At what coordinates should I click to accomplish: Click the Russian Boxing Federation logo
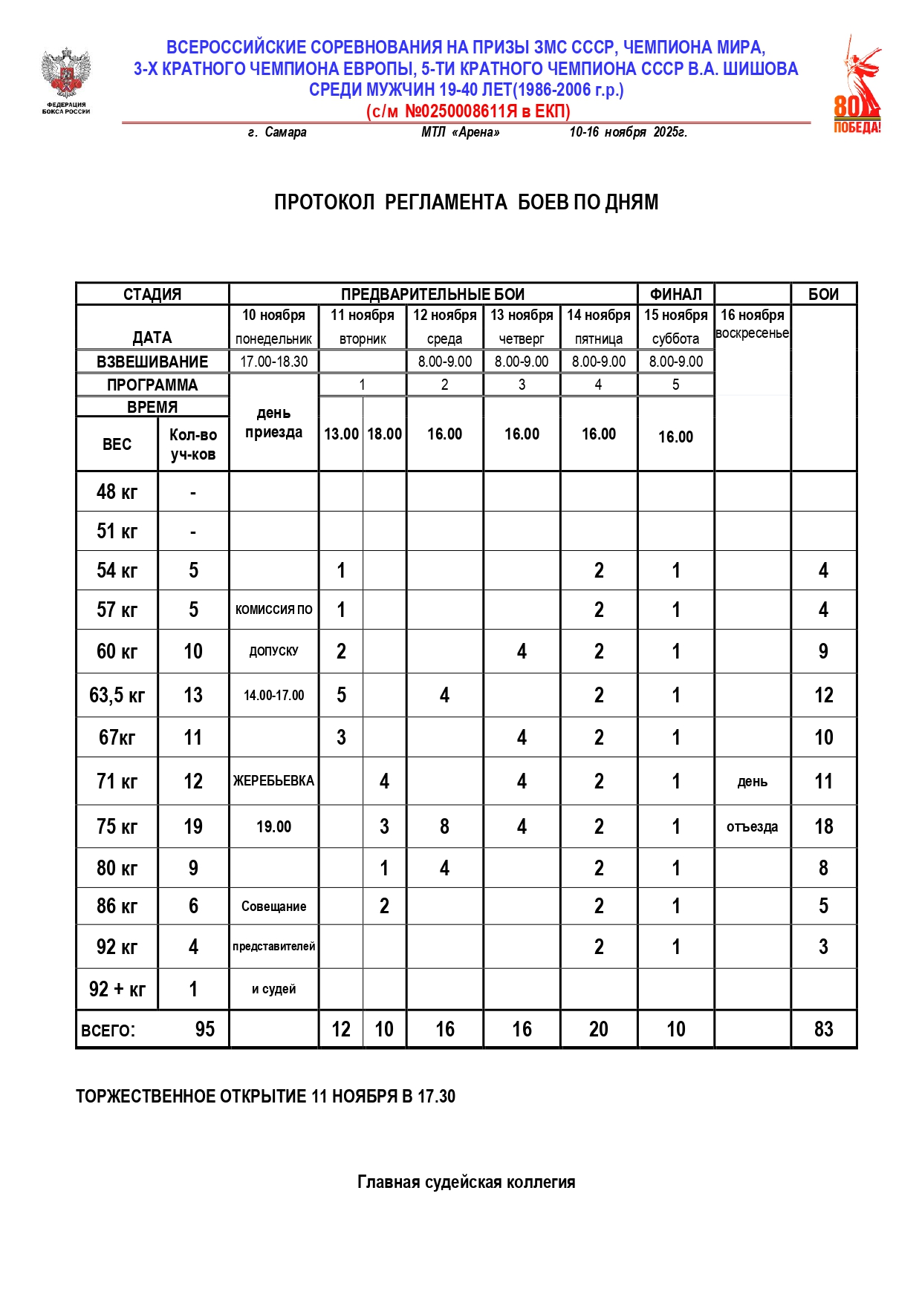[66, 80]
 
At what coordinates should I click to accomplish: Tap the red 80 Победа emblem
[857, 86]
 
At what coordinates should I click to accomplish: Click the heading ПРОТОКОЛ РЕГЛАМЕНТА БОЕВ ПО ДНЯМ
[466, 202]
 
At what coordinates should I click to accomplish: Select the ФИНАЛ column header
[675, 294]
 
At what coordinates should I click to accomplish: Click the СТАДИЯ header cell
[152, 294]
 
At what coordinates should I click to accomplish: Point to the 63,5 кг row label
[117, 696]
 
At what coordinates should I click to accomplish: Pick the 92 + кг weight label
[117, 989]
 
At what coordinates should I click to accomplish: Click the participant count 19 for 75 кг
[193, 826]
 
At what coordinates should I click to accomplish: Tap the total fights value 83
[823, 1029]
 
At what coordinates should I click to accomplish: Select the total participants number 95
[204, 1029]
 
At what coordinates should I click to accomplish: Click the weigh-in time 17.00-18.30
[273, 362]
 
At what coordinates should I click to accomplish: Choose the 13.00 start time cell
[341, 434]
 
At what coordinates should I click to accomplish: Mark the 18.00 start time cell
[384, 434]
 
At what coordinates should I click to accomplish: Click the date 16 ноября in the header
[752, 316]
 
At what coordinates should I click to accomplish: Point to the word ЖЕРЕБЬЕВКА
[273, 781]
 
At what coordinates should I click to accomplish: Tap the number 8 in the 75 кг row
[444, 826]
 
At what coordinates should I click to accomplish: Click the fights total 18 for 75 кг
[823, 826]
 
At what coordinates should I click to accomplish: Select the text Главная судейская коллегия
[466, 1182]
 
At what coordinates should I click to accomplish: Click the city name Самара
[285, 132]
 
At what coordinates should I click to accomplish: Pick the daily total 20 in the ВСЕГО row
[598, 1029]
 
